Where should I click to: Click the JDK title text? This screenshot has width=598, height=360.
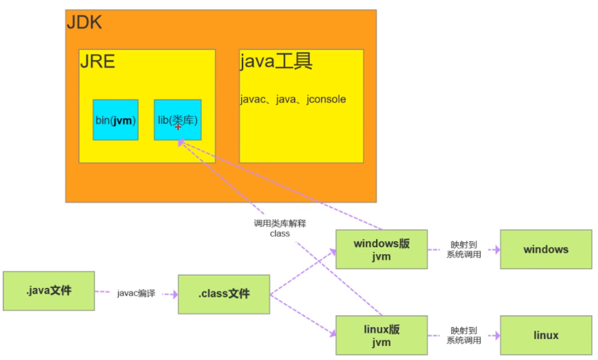click(85, 23)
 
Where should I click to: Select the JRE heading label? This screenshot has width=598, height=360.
click(97, 61)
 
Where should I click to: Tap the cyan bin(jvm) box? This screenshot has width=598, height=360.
click(116, 120)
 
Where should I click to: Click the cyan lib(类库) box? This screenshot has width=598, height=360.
click(178, 120)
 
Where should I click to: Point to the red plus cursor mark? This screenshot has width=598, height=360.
click(178, 127)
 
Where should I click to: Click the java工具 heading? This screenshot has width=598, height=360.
click(276, 61)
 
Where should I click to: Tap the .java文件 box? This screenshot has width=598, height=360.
click(48, 291)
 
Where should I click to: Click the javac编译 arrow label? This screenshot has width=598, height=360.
click(136, 294)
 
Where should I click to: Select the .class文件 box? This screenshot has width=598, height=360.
click(224, 294)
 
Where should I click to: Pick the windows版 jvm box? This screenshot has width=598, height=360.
click(382, 250)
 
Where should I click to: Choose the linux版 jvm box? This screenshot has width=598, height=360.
click(382, 335)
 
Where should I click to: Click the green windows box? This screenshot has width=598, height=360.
click(546, 250)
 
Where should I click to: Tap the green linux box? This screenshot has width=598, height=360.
click(546, 335)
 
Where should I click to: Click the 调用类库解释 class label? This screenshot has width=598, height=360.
click(280, 228)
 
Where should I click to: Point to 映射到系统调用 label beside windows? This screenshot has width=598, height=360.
click(464, 250)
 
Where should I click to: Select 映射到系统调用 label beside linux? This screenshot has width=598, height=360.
click(464, 335)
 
